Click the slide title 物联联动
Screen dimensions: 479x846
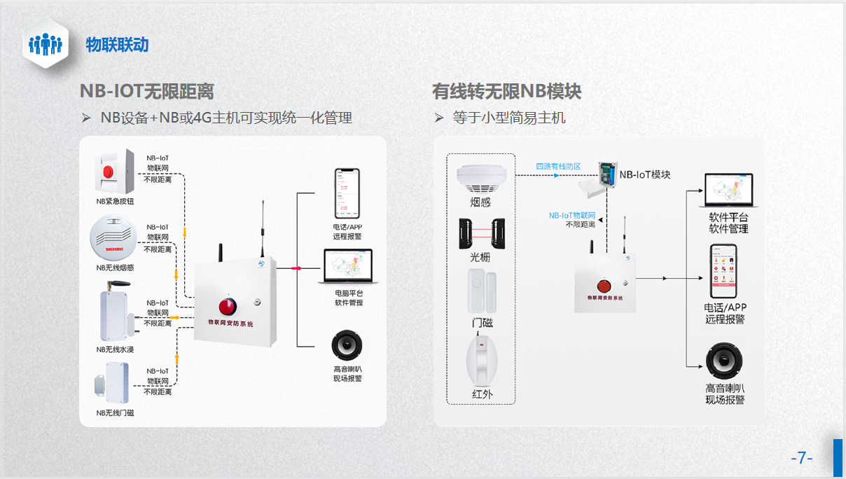pyautogui.click(x=117, y=45)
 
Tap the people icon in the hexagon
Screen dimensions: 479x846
pyautogui.click(x=46, y=43)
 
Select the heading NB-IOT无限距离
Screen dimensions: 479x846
pyautogui.click(x=146, y=91)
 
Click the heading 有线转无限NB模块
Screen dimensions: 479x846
pyautogui.click(x=506, y=91)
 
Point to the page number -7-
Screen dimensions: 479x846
pyautogui.click(x=801, y=458)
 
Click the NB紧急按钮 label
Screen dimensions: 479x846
pyautogui.click(x=115, y=202)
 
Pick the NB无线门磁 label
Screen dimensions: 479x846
pyautogui.click(x=115, y=413)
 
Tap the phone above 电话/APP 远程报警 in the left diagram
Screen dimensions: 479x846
pyautogui.click(x=347, y=193)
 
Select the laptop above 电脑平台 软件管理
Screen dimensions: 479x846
pyautogui.click(x=348, y=266)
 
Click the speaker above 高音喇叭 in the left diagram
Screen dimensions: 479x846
pyautogui.click(x=347, y=346)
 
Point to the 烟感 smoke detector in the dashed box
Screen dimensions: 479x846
pyautogui.click(x=480, y=179)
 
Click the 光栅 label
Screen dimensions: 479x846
pyautogui.click(x=480, y=257)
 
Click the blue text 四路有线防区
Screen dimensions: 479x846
pyautogui.click(x=558, y=167)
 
